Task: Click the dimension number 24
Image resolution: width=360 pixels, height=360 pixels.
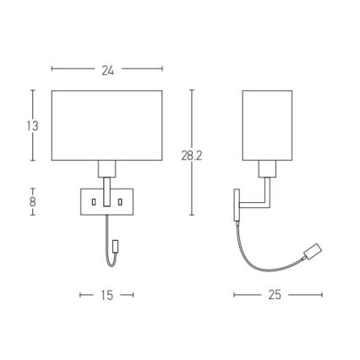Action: click(x=107, y=71)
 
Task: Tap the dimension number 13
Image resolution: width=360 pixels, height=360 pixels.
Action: click(x=33, y=126)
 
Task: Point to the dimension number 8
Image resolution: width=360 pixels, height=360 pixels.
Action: click(x=33, y=202)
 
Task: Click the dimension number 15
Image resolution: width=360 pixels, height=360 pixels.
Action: click(x=107, y=296)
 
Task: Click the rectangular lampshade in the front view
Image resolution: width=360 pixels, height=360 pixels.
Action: click(x=106, y=124)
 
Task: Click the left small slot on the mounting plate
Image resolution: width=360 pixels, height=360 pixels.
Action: click(x=94, y=202)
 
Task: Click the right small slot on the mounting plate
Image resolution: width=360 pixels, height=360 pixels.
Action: click(x=121, y=202)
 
